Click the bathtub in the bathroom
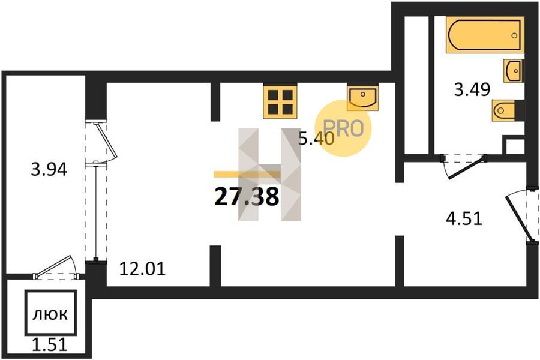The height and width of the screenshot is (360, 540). [485, 35]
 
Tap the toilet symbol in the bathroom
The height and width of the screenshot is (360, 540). [503, 110]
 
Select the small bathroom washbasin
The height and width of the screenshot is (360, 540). [513, 71]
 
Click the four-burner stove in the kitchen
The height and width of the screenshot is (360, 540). [280, 101]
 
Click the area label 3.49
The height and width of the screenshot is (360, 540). [472, 90]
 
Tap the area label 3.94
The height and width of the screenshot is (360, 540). [49, 169]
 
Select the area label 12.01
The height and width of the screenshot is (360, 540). [142, 269]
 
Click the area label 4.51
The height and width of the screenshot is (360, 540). [464, 218]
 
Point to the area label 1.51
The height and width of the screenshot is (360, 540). [49, 344]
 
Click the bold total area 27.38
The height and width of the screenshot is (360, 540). [247, 197]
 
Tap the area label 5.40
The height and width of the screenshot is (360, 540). [316, 139]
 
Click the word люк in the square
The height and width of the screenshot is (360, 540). [50, 314]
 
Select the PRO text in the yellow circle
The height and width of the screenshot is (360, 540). [343, 128]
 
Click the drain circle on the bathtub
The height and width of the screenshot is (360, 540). [514, 35]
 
